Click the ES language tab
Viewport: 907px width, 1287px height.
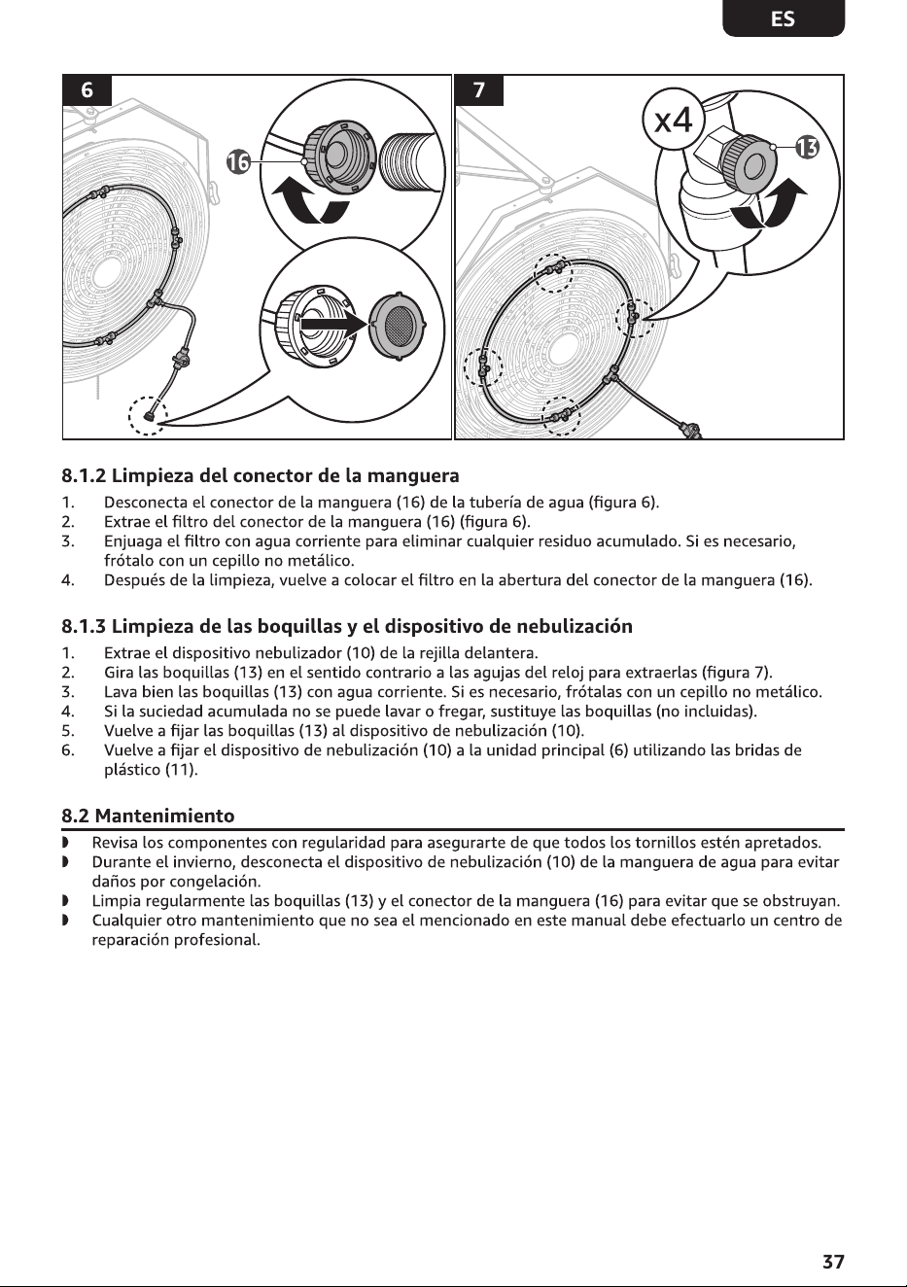(x=783, y=18)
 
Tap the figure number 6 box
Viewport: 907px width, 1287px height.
(x=87, y=90)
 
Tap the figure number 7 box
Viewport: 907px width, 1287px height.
(x=479, y=90)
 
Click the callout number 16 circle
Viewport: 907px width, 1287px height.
(x=238, y=162)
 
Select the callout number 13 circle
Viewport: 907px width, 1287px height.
(x=807, y=148)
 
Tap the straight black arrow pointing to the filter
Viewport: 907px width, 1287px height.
(x=334, y=325)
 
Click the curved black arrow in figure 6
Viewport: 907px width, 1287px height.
(x=309, y=203)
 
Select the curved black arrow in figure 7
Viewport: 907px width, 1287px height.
(x=770, y=204)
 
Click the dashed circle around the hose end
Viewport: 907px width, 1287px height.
(x=148, y=416)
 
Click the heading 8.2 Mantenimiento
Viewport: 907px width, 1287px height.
(x=149, y=816)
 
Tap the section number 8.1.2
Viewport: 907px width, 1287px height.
(x=84, y=475)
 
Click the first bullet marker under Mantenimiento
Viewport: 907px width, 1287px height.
(x=65, y=843)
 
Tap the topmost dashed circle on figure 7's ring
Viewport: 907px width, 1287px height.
(x=553, y=273)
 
